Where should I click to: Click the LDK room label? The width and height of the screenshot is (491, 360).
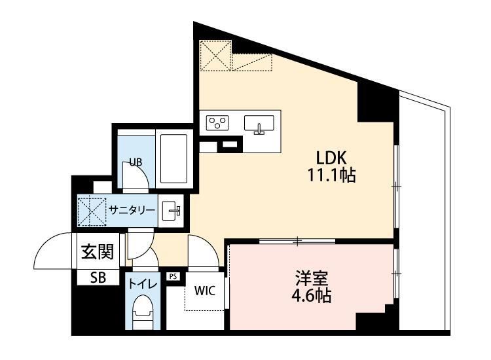tap(335, 158)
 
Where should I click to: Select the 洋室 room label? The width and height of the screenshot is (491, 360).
tap(310, 278)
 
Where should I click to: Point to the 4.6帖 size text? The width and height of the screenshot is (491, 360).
tap(310, 295)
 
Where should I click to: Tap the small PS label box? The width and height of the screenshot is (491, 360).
tap(173, 276)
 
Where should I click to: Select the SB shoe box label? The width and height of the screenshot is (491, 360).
tap(97, 277)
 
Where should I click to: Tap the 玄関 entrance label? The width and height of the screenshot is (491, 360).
tap(97, 252)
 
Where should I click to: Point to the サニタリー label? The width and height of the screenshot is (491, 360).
tap(132, 210)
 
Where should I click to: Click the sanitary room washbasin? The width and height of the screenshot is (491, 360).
tap(172, 210)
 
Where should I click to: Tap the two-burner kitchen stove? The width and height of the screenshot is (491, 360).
tap(217, 123)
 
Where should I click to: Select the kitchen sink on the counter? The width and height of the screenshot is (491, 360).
tap(259, 123)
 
